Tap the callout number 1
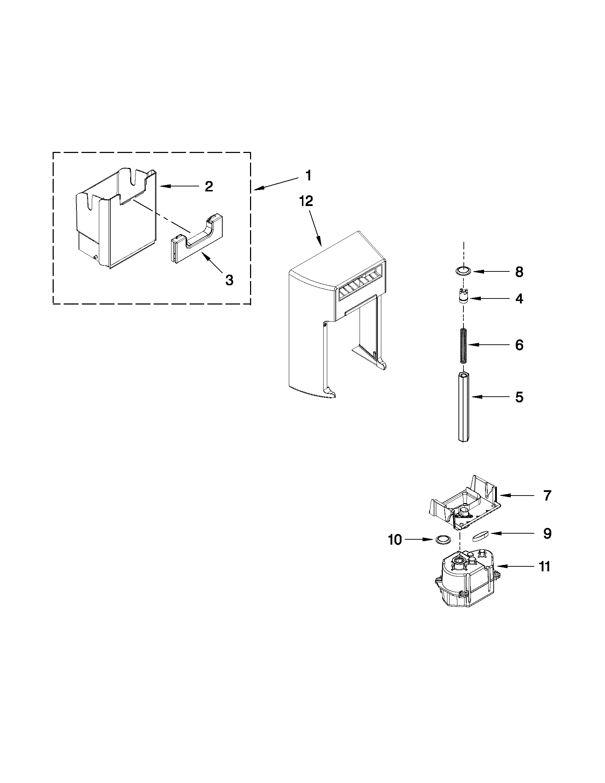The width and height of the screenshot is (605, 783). (308, 176)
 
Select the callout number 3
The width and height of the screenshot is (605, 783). (229, 280)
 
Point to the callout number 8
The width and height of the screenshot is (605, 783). (519, 272)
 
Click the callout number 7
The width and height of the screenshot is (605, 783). (547, 496)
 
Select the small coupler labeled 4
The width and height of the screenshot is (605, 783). (464, 298)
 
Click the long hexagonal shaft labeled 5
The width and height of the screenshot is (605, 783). (464, 407)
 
